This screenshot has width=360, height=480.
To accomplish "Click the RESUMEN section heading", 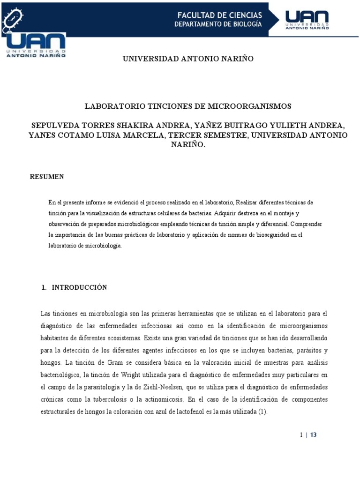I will (47, 177).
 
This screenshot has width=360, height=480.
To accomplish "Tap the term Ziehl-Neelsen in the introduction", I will (121, 387).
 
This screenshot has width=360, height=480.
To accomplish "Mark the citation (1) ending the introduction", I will (262, 412).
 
